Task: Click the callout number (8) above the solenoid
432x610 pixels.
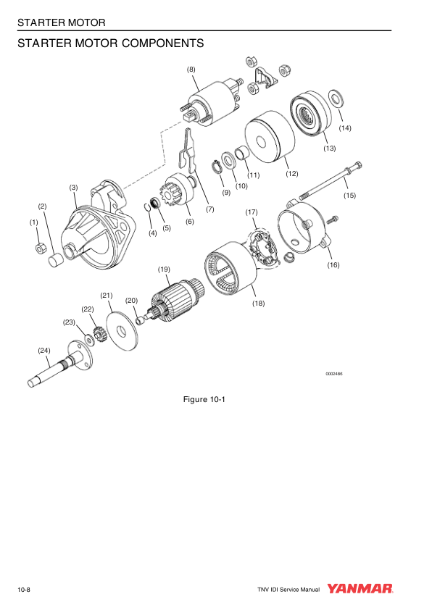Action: coord(191,70)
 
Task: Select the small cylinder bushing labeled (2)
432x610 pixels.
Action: coord(56,260)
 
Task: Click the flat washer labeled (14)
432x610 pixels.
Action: coord(336,98)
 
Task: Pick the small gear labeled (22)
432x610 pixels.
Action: coord(99,334)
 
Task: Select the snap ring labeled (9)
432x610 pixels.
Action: coord(215,166)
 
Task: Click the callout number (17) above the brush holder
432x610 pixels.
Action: coord(252,212)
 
